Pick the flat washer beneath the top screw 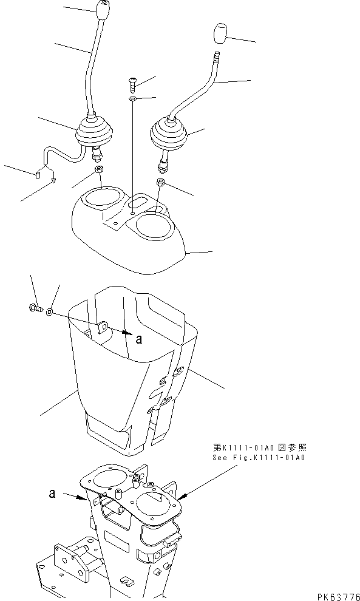click(133, 98)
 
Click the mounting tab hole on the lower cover click(103, 328)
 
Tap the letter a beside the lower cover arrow click(139, 340)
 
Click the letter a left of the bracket click(54, 494)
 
